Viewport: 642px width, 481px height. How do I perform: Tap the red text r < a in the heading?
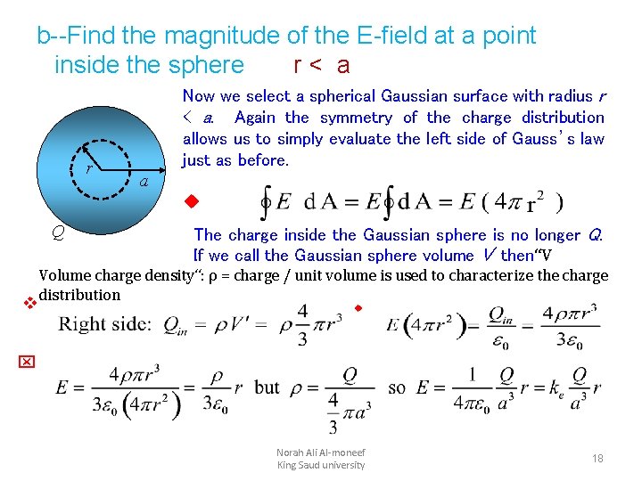coord(321,66)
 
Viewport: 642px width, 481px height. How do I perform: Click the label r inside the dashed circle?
coord(88,168)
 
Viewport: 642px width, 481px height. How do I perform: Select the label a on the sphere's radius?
coord(144,183)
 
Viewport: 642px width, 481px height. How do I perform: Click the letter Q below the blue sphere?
coord(56,233)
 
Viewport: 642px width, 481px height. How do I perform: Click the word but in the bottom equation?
coord(267,388)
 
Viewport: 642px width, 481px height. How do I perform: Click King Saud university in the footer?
coord(321,465)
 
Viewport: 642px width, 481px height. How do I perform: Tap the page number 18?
coord(597,459)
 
